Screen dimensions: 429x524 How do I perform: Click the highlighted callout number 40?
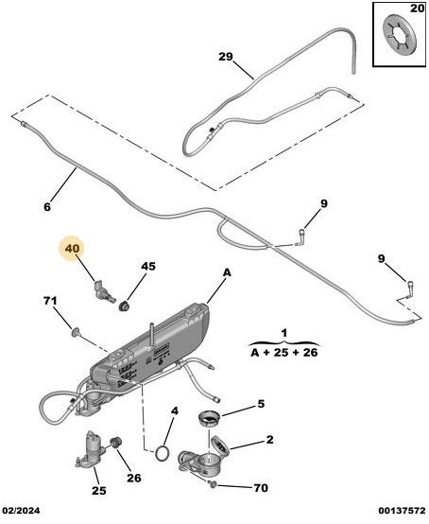coord(73,249)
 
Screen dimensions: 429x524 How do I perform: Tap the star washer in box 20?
coord(400,37)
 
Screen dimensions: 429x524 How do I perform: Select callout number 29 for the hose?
coord(225,57)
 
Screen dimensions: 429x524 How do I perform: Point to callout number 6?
coord(47,207)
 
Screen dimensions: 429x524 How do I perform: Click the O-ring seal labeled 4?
coord(162,453)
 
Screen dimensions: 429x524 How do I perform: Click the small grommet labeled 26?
coord(116,442)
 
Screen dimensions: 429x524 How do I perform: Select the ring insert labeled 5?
coord(210,419)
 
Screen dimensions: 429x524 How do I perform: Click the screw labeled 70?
coord(213,483)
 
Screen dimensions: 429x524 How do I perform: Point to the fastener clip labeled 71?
coord(76,331)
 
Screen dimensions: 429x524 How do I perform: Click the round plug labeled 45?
coord(125,306)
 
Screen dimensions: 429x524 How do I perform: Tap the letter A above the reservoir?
coord(227,272)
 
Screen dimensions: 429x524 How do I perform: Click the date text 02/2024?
coord(22,511)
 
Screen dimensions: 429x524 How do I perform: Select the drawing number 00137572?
coord(402,511)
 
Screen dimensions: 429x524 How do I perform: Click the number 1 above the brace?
coord(283,333)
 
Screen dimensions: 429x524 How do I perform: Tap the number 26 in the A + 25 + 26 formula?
coord(310,352)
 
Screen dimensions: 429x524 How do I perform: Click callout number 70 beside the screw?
coord(261,488)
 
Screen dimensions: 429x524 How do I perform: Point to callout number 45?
coord(148,266)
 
